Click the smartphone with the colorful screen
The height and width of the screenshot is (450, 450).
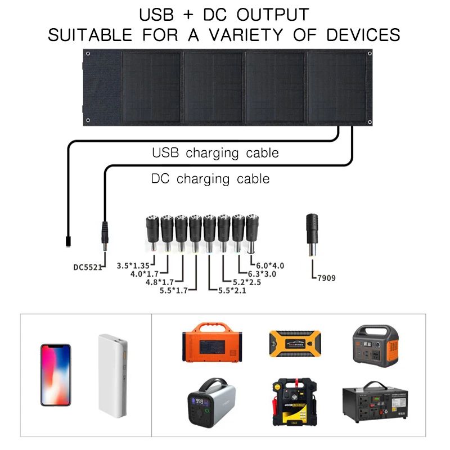pos(55,375)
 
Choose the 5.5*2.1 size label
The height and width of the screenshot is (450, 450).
pos(228,290)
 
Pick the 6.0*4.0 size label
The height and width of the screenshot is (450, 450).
pos(271,265)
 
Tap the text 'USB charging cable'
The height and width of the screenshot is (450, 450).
pos(215,153)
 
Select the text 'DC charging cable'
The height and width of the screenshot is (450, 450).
pos(210,179)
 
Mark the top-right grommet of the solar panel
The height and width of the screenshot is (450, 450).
pos(370,53)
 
